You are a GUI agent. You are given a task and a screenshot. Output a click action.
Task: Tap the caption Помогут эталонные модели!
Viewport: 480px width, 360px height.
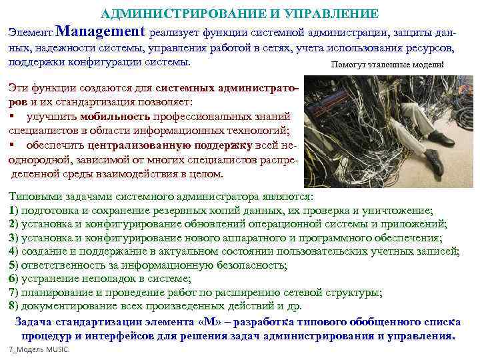click(386, 65)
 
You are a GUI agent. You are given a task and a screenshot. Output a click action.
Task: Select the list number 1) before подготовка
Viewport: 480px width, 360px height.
click(13, 210)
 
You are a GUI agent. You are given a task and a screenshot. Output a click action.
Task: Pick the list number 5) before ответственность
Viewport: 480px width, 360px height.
click(13, 265)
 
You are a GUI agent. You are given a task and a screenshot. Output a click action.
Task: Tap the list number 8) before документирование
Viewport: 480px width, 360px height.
click(13, 306)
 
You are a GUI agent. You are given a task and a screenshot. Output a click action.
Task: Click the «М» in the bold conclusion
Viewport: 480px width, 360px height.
click(209, 321)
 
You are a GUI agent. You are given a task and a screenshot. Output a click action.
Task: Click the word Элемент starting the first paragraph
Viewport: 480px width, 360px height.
click(29, 32)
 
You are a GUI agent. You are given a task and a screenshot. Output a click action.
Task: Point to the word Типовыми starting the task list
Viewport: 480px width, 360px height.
click(34, 197)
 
